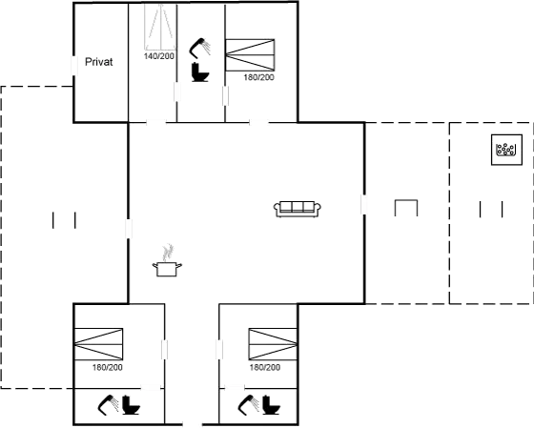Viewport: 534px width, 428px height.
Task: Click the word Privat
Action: (99, 62)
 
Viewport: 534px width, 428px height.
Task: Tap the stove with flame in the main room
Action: (168, 261)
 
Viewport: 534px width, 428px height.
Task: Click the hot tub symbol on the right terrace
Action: (503, 148)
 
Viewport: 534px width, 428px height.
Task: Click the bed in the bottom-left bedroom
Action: (100, 343)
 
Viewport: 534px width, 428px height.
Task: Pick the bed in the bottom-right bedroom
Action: (269, 343)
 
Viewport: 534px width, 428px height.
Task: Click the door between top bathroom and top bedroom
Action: (226, 95)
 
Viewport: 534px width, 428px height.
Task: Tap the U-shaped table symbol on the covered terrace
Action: (406, 208)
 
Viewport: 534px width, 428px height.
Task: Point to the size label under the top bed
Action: (259, 78)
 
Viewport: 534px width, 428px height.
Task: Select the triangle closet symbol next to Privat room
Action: (158, 29)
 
